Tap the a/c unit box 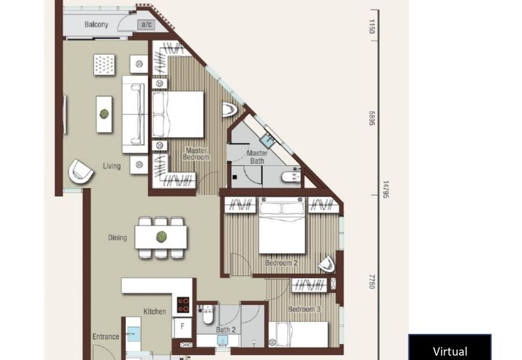(x=145, y=25)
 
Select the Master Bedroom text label (x=196, y=153)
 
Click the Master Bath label (x=256, y=157)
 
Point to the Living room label (x=112, y=166)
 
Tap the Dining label (x=117, y=237)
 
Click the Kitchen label (x=155, y=312)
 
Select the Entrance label (x=106, y=337)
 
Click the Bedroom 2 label (x=281, y=263)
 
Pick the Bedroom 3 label (x=305, y=308)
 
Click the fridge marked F (x=182, y=327)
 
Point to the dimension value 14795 (x=385, y=190)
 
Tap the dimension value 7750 (x=373, y=281)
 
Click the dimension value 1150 (x=373, y=26)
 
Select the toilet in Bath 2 (x=207, y=315)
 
